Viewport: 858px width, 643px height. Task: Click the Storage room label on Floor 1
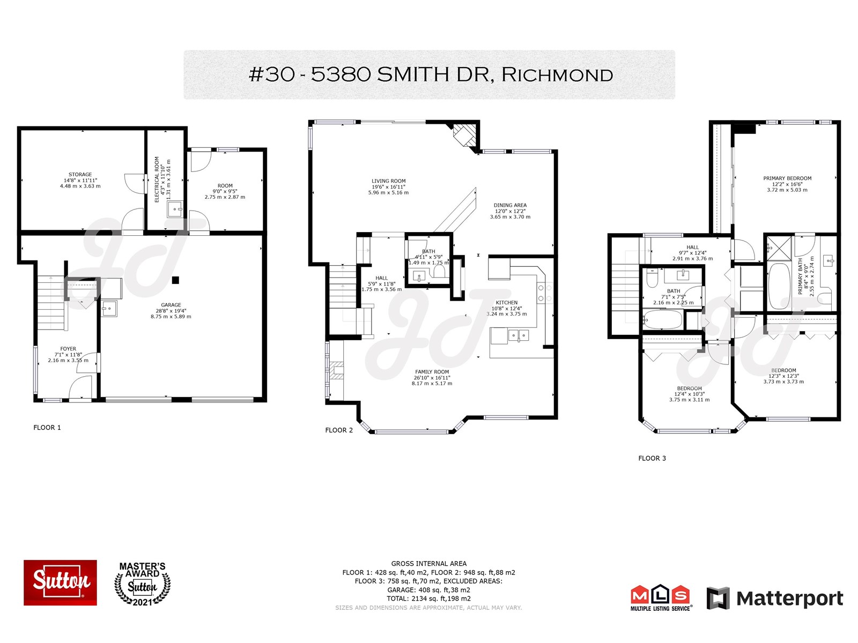point(80,181)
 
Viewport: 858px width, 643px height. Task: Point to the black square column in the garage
point(175,280)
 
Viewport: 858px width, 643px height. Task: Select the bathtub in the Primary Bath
point(779,286)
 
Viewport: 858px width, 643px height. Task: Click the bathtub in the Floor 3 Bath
point(663,319)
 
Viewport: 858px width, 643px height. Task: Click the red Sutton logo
point(60,582)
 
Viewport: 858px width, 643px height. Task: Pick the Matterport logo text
point(789,598)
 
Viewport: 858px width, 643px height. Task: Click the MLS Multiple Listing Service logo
point(661,597)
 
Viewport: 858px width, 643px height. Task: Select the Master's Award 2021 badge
point(142,584)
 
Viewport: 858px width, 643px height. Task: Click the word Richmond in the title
point(557,74)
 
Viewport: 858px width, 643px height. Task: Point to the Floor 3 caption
point(652,458)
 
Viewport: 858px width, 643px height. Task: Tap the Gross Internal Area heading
point(429,563)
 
